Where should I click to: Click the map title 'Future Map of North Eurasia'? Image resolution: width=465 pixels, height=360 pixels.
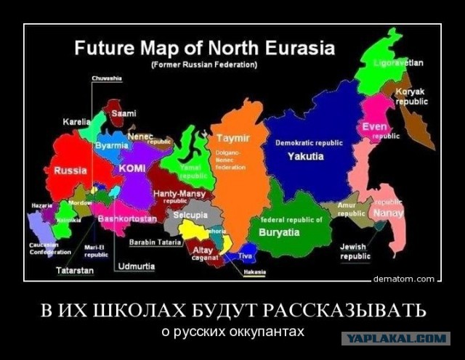click(204, 49)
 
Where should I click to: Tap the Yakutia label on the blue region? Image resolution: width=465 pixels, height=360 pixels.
click(305, 156)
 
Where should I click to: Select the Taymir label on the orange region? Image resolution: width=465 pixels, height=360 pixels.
click(232, 138)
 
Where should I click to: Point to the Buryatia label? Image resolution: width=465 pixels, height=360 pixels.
click(279, 232)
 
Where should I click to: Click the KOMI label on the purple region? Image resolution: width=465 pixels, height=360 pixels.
click(132, 168)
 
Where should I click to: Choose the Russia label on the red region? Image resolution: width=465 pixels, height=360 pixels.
click(70, 171)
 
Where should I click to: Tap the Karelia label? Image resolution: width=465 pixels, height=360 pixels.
click(76, 122)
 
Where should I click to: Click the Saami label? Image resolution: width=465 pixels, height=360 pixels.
click(123, 113)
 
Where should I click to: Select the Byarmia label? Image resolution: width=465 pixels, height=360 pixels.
click(111, 145)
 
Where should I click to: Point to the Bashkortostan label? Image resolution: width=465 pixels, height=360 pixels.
click(126, 218)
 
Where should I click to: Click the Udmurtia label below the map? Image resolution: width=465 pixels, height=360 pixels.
click(136, 266)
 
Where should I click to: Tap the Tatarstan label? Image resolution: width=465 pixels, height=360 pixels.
click(74, 270)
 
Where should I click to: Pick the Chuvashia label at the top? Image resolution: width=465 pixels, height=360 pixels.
click(107, 78)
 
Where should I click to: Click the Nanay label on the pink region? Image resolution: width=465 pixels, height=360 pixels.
click(387, 213)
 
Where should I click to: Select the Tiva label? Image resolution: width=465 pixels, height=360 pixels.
click(245, 255)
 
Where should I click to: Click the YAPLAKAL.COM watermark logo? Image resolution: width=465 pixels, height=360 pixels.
click(396, 338)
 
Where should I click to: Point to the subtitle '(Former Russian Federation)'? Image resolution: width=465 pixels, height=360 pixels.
click(204, 65)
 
